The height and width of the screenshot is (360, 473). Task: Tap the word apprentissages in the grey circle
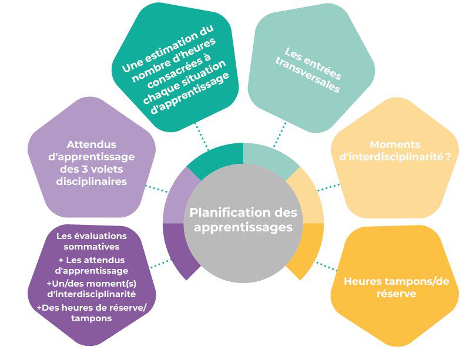[x=243, y=226]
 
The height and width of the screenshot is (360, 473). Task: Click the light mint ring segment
[x=270, y=157]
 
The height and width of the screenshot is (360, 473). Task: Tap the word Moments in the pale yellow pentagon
[x=387, y=144]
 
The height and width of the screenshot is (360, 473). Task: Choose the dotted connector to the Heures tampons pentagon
[x=325, y=265]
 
